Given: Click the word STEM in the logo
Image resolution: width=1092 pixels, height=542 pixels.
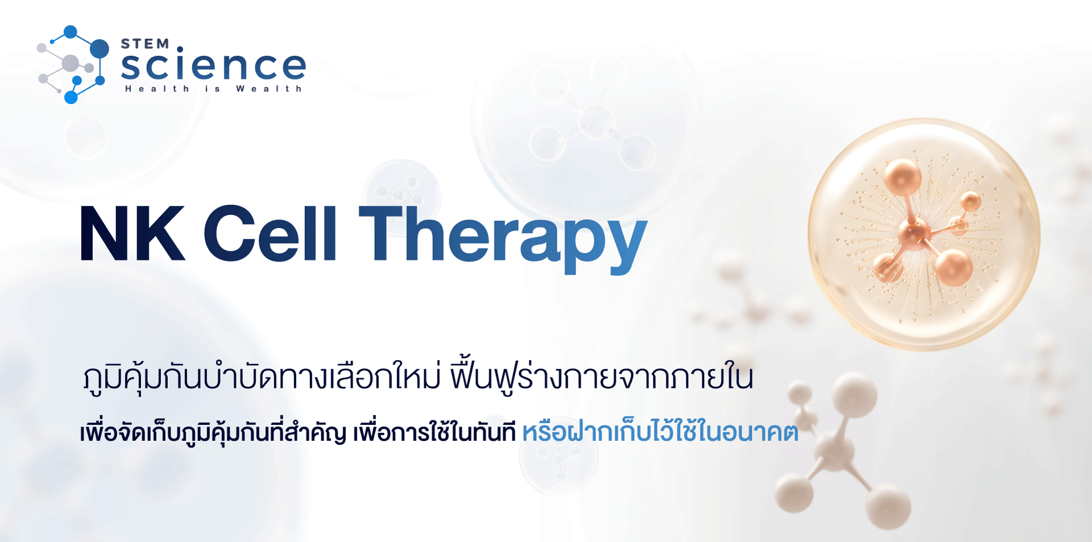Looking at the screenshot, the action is [x=145, y=44].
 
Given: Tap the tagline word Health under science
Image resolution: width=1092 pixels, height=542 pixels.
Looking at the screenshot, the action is [x=157, y=89].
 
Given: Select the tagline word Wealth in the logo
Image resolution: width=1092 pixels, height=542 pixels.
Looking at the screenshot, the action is [x=269, y=89].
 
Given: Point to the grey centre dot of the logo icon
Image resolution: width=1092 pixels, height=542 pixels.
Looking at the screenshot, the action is [x=70, y=63].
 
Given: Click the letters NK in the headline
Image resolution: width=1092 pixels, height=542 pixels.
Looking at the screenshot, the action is [x=133, y=233].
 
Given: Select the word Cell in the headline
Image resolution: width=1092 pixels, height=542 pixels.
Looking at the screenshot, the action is [x=271, y=233].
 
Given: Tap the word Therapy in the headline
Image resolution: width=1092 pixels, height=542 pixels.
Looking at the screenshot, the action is [x=503, y=239].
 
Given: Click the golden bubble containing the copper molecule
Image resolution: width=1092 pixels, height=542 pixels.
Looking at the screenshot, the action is [x=924, y=234].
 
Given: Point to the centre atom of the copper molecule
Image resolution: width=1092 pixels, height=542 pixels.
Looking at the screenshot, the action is [x=914, y=234].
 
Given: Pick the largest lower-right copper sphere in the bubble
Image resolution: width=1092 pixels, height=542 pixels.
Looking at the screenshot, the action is [x=954, y=267].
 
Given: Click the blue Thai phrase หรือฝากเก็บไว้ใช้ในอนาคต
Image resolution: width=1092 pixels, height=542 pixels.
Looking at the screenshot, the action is [x=660, y=432].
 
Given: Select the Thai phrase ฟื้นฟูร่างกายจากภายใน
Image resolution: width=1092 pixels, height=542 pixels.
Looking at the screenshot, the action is [x=602, y=376].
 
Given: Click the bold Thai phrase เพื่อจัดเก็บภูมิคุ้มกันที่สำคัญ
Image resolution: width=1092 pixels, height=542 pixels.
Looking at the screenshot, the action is [x=213, y=432].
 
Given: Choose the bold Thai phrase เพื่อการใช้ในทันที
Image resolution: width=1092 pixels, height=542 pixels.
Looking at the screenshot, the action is [x=435, y=432].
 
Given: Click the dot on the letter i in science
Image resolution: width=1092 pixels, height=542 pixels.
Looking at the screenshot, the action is [x=180, y=49].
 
